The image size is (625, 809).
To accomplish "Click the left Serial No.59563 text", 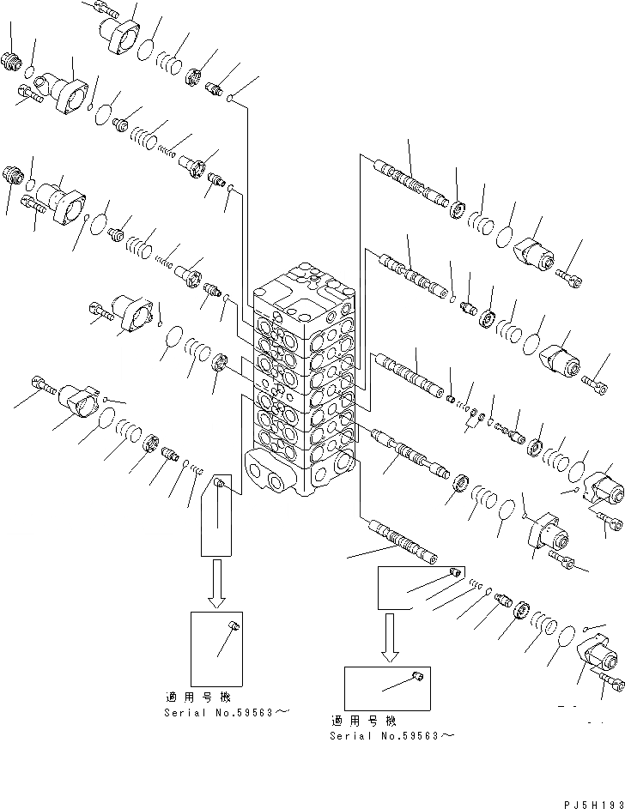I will click(x=220, y=713).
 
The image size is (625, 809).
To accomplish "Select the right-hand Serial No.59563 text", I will click(x=391, y=735).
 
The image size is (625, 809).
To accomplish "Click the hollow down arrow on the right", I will click(x=391, y=636).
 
